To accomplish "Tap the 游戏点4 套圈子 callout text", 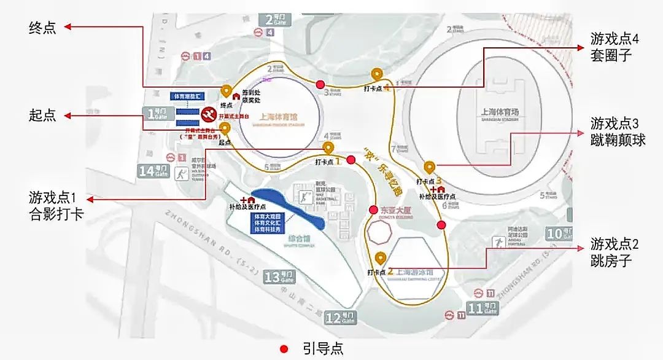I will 615,47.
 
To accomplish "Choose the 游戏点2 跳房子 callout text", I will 615,252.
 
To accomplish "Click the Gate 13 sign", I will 279,277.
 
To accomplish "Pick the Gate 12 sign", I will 341,317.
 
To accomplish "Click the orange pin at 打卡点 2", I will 380,258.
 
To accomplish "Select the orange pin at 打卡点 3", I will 429,167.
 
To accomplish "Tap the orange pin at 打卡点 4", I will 377,75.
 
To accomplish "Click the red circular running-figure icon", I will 209,114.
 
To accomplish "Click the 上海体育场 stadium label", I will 500,113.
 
